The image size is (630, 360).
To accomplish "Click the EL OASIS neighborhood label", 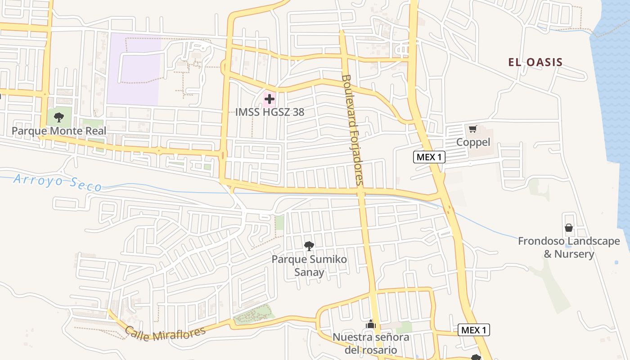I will (535, 62).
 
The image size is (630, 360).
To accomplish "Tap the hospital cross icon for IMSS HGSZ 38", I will (270, 99).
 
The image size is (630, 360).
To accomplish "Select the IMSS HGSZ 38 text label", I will (270, 112).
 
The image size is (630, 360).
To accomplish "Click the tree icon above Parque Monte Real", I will (58, 118).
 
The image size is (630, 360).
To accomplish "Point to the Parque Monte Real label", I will (59, 131).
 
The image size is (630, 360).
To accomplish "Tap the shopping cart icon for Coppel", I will (472, 130).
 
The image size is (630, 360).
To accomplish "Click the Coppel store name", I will (473, 142).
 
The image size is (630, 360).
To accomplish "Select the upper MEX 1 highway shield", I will (429, 157).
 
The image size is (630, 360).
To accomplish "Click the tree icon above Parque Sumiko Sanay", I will (309, 246).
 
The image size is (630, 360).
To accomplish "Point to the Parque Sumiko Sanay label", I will (309, 265).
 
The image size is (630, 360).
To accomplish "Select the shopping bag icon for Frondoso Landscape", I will (569, 228).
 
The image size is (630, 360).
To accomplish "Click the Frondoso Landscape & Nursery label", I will (569, 247).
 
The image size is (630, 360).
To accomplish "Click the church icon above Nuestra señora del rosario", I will (371, 324).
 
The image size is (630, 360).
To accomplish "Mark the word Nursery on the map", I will (574, 254).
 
